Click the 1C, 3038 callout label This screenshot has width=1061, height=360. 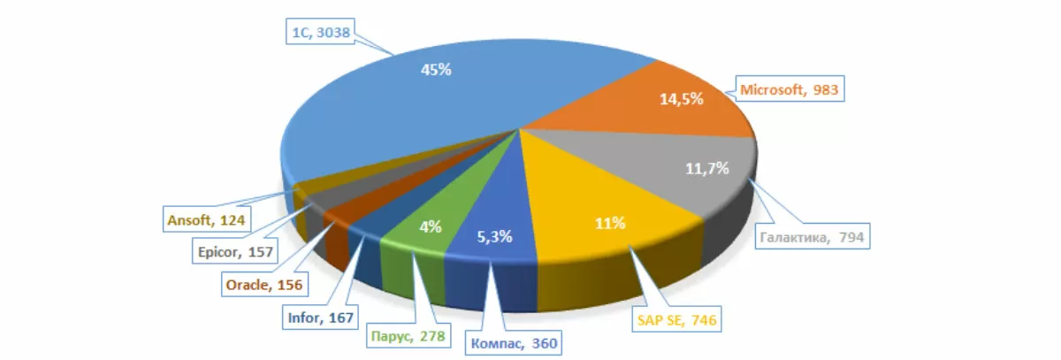click(326, 34)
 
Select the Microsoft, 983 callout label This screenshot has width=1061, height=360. click(788, 89)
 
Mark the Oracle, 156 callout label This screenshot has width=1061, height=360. click(263, 284)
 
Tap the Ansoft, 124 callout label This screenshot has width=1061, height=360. click(204, 218)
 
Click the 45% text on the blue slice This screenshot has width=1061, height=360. click(435, 69)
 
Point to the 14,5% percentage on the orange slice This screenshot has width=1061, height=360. click(681, 99)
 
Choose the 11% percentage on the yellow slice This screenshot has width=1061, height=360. click(610, 224)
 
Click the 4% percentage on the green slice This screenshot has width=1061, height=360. click(431, 226)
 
